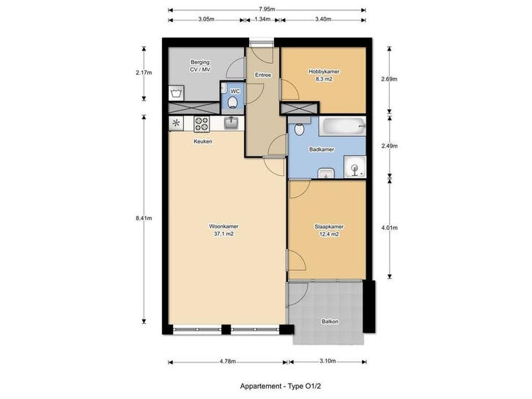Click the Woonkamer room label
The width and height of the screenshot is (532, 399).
(x=223, y=226)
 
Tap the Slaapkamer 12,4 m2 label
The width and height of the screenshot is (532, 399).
(x=329, y=230)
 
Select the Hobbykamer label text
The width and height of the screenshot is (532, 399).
(x=324, y=72)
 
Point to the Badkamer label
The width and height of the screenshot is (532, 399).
(x=322, y=149)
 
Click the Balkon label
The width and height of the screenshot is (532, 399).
(x=330, y=321)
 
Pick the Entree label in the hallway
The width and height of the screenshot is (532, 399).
(x=263, y=75)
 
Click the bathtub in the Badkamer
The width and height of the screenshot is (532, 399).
(x=344, y=127)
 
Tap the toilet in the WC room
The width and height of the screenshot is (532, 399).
(x=232, y=102)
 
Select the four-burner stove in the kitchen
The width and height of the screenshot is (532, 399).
(x=202, y=124)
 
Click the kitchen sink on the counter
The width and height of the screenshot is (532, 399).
(x=232, y=123)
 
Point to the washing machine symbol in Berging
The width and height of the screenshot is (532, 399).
(x=177, y=93)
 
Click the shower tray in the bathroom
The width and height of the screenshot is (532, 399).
(x=355, y=167)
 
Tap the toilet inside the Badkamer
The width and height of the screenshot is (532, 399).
(x=299, y=128)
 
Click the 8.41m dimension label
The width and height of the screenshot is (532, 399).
(x=144, y=218)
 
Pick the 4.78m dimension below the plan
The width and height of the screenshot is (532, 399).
(x=227, y=362)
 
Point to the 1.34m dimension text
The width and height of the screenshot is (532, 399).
(x=262, y=19)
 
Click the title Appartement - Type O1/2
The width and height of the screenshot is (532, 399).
(x=281, y=386)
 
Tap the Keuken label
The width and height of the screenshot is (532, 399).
(x=203, y=141)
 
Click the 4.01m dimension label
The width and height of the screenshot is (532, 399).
(x=389, y=228)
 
